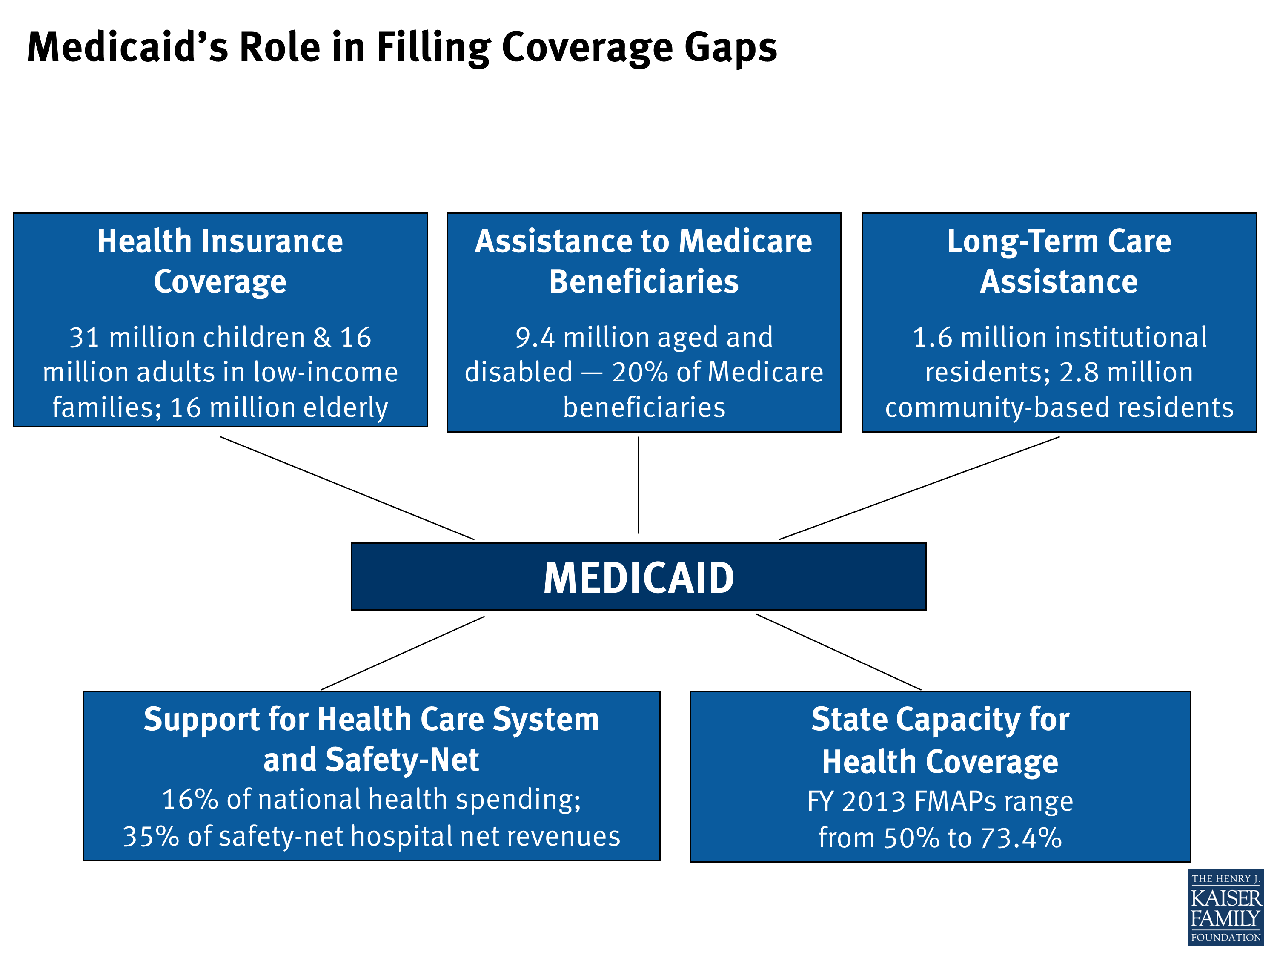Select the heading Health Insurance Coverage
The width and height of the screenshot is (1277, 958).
pos(220,261)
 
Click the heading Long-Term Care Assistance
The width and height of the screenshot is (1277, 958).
pos(1059,261)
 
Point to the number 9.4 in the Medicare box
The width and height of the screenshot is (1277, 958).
pos(535,338)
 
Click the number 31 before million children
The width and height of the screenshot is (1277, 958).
pos(84,338)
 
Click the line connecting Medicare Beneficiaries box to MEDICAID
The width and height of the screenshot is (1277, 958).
pos(638,485)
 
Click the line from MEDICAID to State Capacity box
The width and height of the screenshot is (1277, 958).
pos(838,652)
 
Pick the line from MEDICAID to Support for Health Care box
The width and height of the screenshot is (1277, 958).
pos(402,653)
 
